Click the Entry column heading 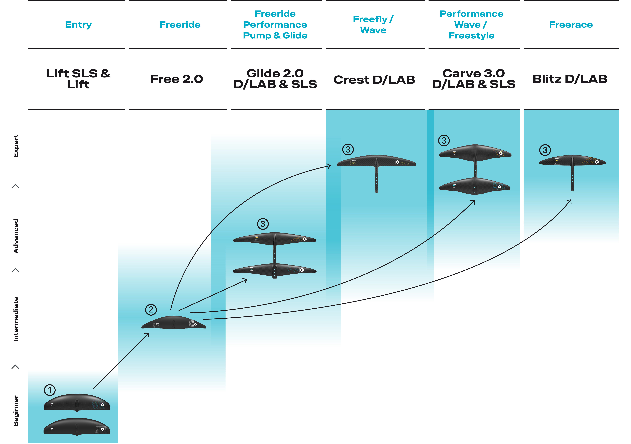pyautogui.click(x=78, y=25)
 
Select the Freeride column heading pyautogui.click(x=180, y=25)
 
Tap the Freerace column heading pyautogui.click(x=571, y=25)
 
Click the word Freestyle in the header pyautogui.click(x=471, y=36)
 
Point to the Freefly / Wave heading pyautogui.click(x=373, y=24)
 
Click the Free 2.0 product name pyautogui.click(x=176, y=79)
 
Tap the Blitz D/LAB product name pyautogui.click(x=570, y=79)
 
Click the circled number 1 pyautogui.click(x=50, y=390)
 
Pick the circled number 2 pyautogui.click(x=151, y=310)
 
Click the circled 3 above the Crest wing pyautogui.click(x=348, y=150)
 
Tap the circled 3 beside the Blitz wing pyautogui.click(x=545, y=150)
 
